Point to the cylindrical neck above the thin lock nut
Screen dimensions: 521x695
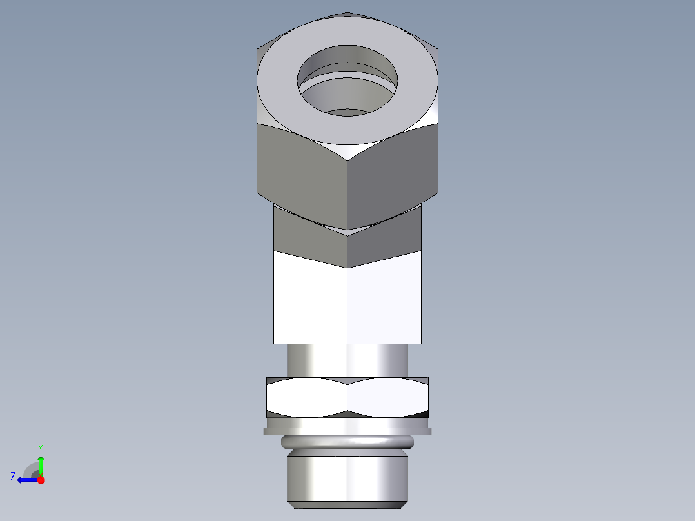click(347, 360)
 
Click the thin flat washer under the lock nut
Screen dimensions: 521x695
click(347, 431)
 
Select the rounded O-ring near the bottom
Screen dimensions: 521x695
click(347, 442)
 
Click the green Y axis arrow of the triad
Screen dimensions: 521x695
click(41, 463)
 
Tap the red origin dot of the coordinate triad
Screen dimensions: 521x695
click(41, 480)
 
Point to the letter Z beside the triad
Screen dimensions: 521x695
click(13, 477)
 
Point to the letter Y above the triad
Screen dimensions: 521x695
click(41, 448)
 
